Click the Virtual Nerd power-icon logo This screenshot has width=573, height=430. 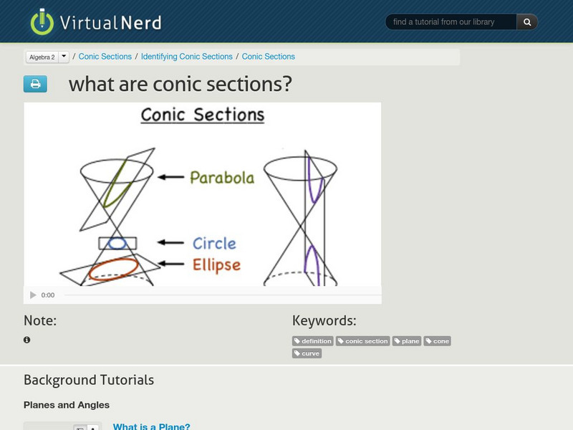[42, 21]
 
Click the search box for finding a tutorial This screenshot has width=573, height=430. [451, 22]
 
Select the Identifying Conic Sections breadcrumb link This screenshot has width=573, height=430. [186, 57]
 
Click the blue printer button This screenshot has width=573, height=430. [35, 84]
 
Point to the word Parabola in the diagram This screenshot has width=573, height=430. [222, 177]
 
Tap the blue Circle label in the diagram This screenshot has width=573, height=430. [214, 243]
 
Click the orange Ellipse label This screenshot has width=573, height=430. [216, 264]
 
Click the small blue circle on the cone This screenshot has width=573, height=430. [117, 244]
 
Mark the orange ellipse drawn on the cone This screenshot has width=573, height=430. [115, 266]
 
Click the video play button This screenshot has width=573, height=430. [33, 295]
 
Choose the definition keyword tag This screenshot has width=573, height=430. [313, 341]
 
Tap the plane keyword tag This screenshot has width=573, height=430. [407, 341]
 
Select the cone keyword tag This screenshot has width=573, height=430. [438, 341]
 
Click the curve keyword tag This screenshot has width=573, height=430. [307, 353]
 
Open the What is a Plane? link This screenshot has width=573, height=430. [151, 426]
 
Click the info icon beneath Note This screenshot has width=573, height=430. [27, 340]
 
